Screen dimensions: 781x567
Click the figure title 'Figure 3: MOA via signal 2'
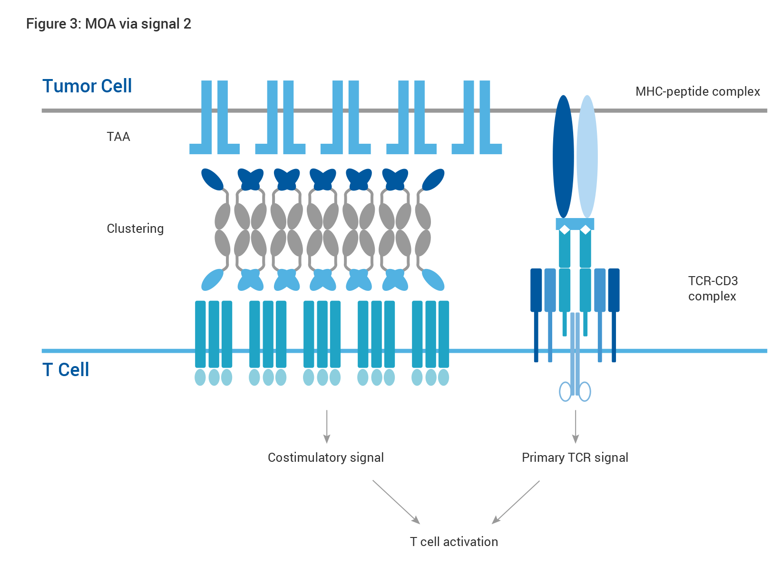[x=109, y=24]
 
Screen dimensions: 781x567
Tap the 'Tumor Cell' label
[x=87, y=86]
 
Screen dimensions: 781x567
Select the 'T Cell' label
[x=66, y=369]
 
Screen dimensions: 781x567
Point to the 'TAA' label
[x=118, y=137]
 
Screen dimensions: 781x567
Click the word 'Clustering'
[x=135, y=229]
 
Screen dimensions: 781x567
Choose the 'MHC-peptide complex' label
[x=698, y=91]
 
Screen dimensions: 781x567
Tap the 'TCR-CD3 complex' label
[x=713, y=288]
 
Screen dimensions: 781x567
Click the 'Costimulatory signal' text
[x=326, y=458]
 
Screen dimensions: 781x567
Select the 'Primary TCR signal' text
[x=575, y=458]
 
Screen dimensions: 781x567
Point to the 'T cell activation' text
[x=454, y=541]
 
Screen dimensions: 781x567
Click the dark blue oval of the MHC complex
[x=563, y=157]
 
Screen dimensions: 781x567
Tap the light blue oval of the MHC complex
[x=587, y=157]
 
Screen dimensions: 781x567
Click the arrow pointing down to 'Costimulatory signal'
[x=327, y=427]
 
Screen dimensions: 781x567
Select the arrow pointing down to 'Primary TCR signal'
[x=576, y=427]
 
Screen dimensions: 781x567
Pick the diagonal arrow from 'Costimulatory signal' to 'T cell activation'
[x=396, y=502]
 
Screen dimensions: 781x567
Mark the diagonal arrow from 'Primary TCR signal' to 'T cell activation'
[x=516, y=502]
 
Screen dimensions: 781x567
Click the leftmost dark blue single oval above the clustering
[x=212, y=179]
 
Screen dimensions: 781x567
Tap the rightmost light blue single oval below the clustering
[x=433, y=279]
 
